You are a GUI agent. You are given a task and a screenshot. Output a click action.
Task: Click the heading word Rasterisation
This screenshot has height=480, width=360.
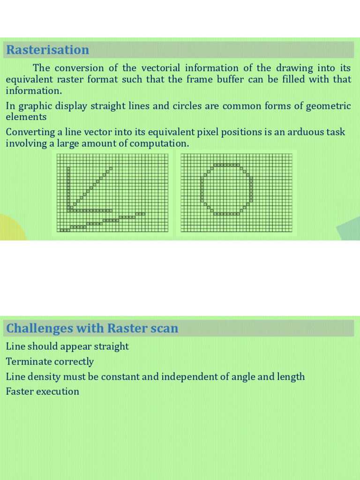point(47,50)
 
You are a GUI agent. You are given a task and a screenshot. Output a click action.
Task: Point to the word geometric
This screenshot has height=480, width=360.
point(328,105)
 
